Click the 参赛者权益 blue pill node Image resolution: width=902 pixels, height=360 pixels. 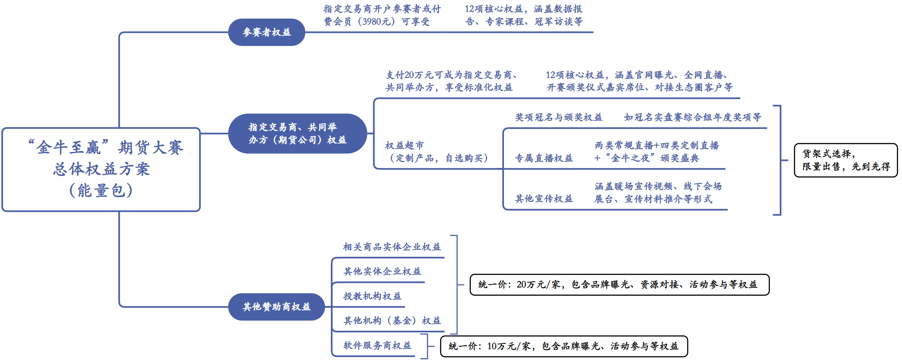click(x=267, y=32)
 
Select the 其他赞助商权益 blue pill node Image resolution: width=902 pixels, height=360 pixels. click(x=276, y=307)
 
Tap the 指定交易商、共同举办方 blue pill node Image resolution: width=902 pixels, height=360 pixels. click(x=297, y=134)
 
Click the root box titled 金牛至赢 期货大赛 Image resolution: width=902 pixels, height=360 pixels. click(x=101, y=169)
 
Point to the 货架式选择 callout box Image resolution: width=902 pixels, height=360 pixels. click(x=845, y=160)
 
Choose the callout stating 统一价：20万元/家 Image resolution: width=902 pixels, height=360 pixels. click(x=619, y=284)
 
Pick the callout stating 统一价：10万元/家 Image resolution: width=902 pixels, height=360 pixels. click(x=563, y=346)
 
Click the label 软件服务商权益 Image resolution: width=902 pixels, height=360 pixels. click(x=377, y=345)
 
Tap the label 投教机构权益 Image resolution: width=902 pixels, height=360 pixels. click(x=372, y=296)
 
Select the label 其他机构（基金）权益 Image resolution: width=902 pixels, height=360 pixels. click(x=392, y=321)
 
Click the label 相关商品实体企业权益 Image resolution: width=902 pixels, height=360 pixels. click(x=392, y=247)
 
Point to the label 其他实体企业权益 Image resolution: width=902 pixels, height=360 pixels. click(x=382, y=271)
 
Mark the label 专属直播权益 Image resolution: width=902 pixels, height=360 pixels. click(x=544, y=158)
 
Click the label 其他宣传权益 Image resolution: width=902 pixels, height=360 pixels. click(x=544, y=199)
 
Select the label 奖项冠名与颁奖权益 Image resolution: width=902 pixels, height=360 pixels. click(x=559, y=117)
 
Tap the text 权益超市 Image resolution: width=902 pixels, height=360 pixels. click(x=405, y=145)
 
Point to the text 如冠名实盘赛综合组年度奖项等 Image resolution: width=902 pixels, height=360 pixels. click(x=692, y=117)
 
